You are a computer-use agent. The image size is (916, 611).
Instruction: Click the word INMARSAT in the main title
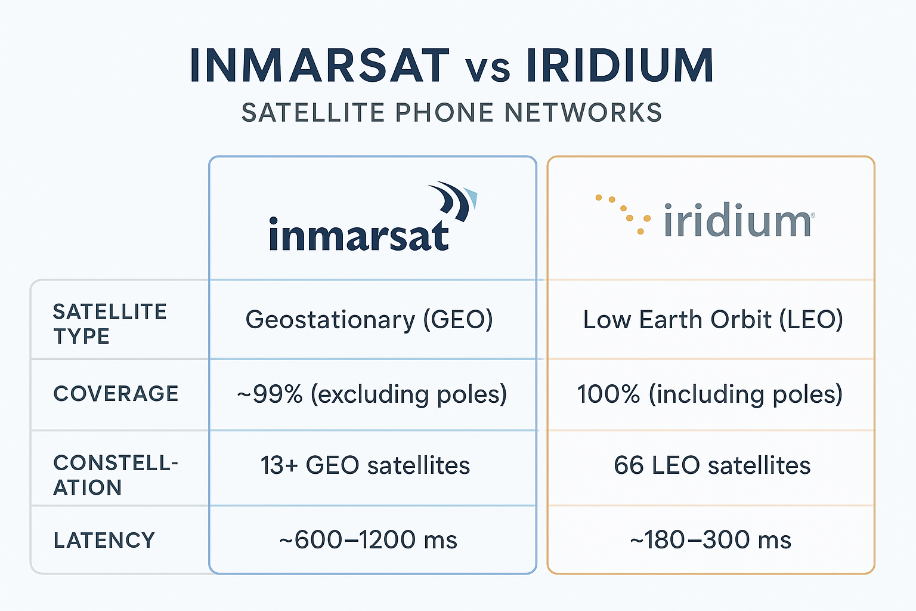tap(319, 65)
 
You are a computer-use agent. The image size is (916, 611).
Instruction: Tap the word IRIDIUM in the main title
tap(620, 65)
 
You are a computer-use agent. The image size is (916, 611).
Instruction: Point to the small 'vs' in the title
tap(487, 70)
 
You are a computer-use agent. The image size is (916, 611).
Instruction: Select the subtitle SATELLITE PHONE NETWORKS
tap(451, 113)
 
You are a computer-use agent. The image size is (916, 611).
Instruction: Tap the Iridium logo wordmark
tap(738, 221)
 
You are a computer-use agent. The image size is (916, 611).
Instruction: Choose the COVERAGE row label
tap(116, 394)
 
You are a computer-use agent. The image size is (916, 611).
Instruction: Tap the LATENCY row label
tap(104, 541)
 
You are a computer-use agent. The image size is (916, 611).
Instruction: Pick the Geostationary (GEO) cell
tap(369, 320)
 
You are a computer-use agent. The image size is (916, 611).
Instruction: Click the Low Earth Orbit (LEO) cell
tap(713, 320)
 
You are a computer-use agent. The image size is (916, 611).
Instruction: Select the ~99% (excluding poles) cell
tap(372, 394)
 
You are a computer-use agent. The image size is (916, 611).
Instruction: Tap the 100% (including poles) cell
tap(710, 394)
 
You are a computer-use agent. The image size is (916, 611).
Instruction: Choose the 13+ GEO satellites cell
tap(365, 465)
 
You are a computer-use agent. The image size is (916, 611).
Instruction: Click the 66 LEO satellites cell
tap(712, 465)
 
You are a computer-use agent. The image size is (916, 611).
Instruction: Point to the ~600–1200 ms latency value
tap(368, 540)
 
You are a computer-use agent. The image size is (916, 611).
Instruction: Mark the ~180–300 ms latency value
tap(710, 540)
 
